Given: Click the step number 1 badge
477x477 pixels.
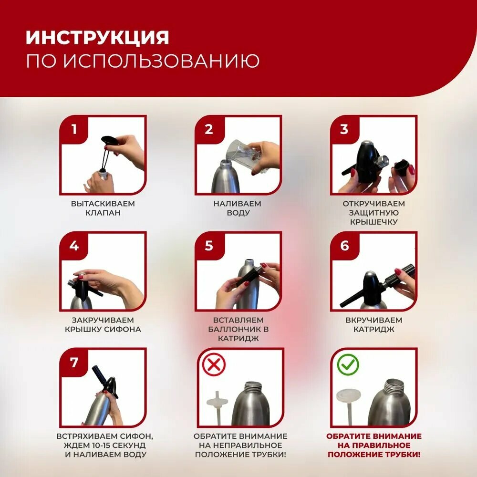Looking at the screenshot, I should pyautogui.click(x=73, y=129).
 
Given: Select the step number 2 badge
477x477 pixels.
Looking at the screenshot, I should pyautogui.click(x=208, y=129).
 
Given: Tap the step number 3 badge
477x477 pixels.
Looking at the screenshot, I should pyautogui.click(x=344, y=129).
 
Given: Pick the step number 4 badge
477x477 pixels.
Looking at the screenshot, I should pyautogui.click(x=73, y=246).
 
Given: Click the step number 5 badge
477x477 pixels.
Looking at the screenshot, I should pyautogui.click(x=208, y=246).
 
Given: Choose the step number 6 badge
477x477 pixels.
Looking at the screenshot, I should pyautogui.click(x=344, y=246).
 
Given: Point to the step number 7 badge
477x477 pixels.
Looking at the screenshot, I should pyautogui.click(x=73, y=362).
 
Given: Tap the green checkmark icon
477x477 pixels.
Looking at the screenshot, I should pyautogui.click(x=348, y=366).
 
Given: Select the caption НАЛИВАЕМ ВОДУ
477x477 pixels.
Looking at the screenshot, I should pyautogui.click(x=238, y=208).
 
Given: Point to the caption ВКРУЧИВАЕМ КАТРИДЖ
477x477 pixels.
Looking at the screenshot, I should pyautogui.click(x=373, y=324).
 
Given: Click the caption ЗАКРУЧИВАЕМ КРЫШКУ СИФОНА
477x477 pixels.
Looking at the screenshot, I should pyautogui.click(x=103, y=324).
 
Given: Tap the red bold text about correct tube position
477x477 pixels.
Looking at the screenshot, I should pyautogui.click(x=373, y=446).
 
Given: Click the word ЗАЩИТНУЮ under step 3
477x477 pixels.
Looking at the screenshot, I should pyautogui.click(x=373, y=213).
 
